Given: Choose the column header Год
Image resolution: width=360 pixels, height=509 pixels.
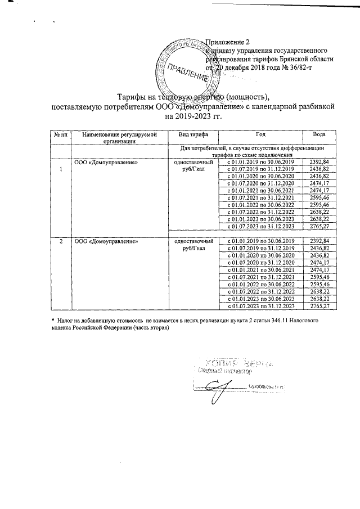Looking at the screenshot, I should click(x=260, y=136).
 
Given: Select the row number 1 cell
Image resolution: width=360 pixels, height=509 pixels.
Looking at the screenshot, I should click(x=59, y=170).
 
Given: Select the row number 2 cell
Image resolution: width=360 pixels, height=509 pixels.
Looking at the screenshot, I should click(x=59, y=241).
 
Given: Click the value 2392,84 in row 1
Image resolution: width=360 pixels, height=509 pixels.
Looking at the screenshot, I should click(x=318, y=162).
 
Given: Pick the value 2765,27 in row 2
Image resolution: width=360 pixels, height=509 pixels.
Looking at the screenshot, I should click(x=318, y=306).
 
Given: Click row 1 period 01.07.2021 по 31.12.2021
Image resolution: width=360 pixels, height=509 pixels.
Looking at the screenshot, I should click(x=260, y=198).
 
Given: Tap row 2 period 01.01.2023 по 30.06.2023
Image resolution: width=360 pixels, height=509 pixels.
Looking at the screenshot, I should click(x=260, y=299).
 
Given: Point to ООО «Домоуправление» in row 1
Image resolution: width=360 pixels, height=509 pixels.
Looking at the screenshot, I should click(x=106, y=162).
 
